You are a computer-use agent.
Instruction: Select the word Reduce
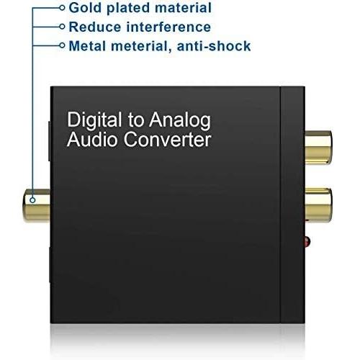click(x=95, y=27)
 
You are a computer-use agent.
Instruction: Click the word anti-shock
click(x=214, y=46)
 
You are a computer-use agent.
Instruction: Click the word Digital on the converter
click(x=94, y=120)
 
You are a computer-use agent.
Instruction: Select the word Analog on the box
click(x=180, y=120)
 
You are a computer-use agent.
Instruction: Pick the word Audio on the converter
click(x=92, y=140)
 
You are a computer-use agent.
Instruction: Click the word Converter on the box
click(x=167, y=140)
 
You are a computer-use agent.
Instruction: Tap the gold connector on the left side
click(x=37, y=205)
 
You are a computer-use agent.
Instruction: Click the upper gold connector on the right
click(x=318, y=148)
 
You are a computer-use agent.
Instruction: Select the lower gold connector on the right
click(x=318, y=205)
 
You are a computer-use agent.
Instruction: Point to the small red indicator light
click(x=307, y=242)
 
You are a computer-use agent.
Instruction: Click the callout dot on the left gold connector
click(x=32, y=199)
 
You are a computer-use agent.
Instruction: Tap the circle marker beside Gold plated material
click(x=62, y=8)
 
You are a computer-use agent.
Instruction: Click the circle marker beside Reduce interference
click(x=62, y=27)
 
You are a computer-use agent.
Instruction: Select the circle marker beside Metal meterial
click(x=62, y=45)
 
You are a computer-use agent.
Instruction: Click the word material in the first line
click(x=183, y=7)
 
